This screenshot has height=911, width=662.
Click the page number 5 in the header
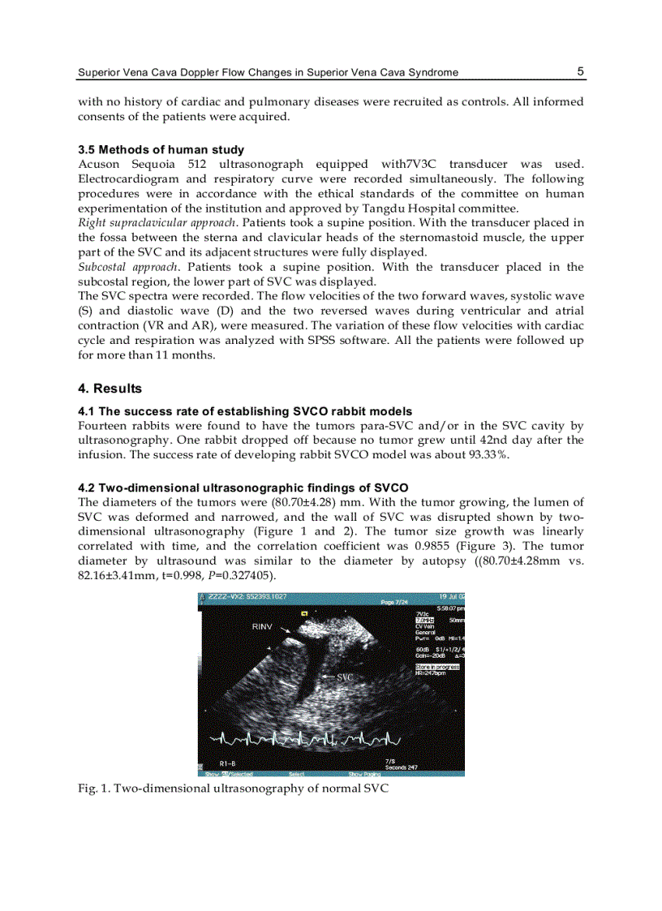[580, 71]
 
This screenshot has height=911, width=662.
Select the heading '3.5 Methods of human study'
[161, 150]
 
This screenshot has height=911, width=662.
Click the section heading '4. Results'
[110, 389]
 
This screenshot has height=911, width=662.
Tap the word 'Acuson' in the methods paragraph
[99, 165]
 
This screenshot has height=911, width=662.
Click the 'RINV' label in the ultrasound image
[262, 627]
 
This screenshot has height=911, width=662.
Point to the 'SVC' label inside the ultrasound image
[346, 676]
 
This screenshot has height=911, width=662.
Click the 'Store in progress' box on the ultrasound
[437, 667]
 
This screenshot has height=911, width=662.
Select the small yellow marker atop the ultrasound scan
[303, 614]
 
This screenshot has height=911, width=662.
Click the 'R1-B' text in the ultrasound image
[228, 763]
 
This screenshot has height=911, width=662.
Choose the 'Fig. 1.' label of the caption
[93, 788]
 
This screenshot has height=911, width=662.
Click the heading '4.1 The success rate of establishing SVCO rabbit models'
[244, 411]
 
